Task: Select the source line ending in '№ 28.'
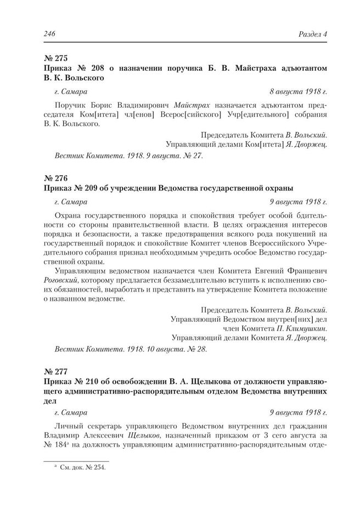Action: [x=131, y=349]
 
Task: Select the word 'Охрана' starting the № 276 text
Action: [x=69, y=213]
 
